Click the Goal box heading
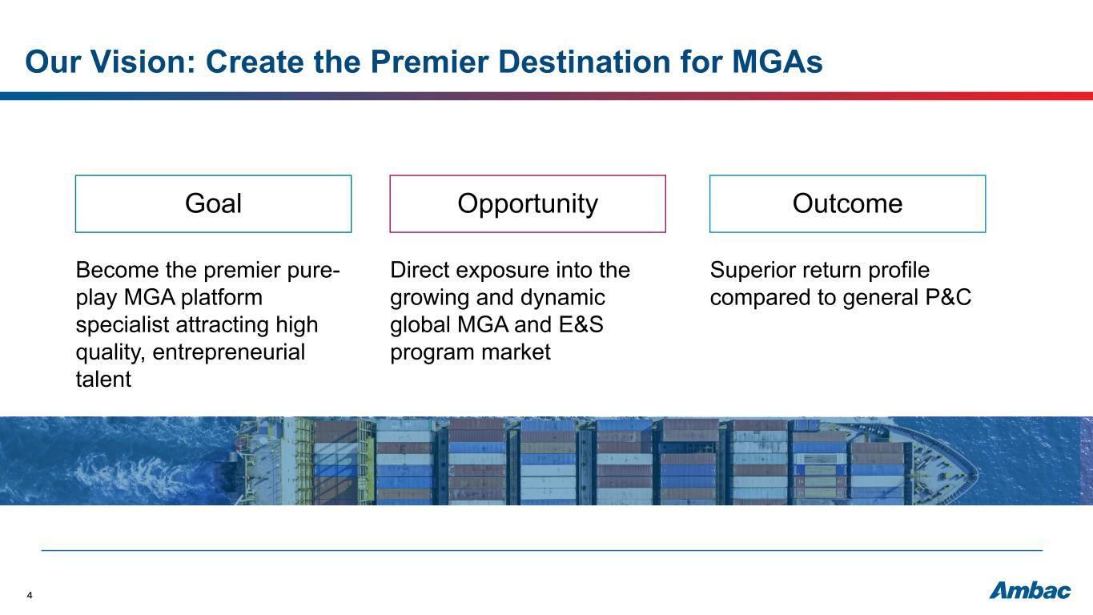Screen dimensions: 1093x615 pos(213,203)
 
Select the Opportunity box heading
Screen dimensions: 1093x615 pos(528,203)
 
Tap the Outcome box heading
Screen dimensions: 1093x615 pos(847,203)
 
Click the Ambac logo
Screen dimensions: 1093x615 pos(1030,591)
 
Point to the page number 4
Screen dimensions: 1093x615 pos(30,595)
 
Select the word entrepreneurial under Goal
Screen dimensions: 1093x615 pos(229,352)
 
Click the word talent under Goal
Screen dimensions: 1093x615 pos(103,380)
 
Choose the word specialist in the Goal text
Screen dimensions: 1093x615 pos(123,325)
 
